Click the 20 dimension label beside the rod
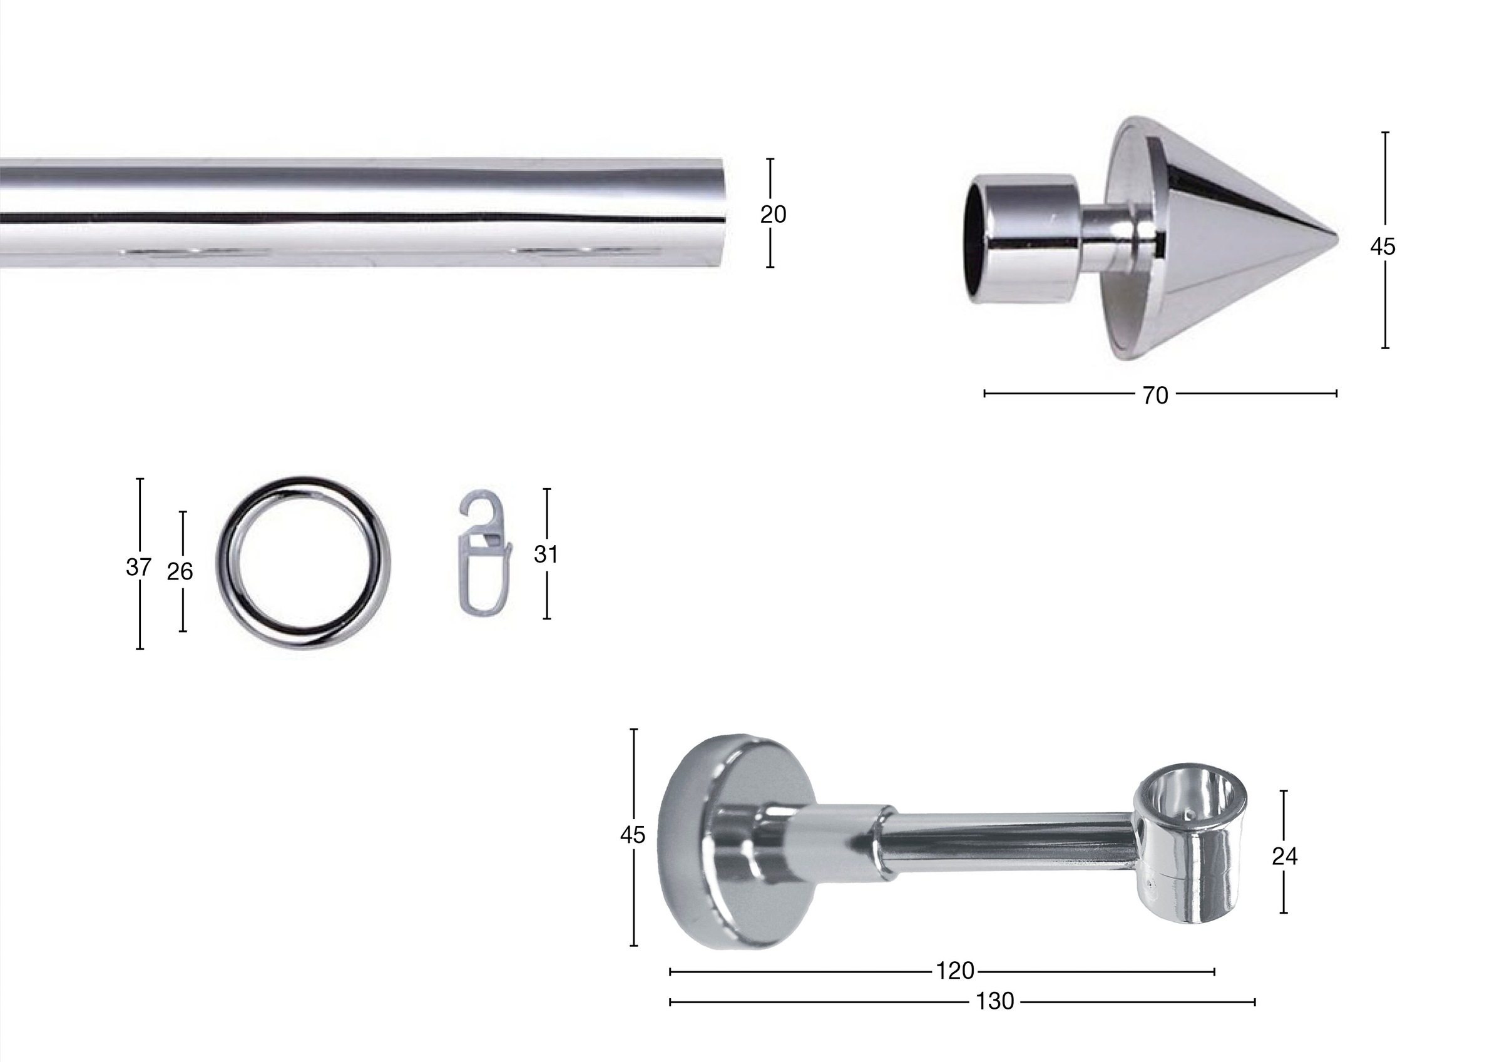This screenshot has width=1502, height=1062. [x=772, y=214]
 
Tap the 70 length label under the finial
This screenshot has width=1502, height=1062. [x=1155, y=396]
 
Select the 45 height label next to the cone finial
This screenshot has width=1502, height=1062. [x=1383, y=246]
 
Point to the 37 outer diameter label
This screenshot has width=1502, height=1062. [x=139, y=566]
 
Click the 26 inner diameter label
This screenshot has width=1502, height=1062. [x=180, y=571]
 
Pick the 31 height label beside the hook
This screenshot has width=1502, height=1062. [x=546, y=554]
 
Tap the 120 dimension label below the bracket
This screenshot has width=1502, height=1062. [x=955, y=971]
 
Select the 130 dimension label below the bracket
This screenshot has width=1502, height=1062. [x=995, y=1001]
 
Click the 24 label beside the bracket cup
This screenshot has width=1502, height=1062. [x=1285, y=856]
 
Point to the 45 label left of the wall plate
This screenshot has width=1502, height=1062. [x=633, y=834]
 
